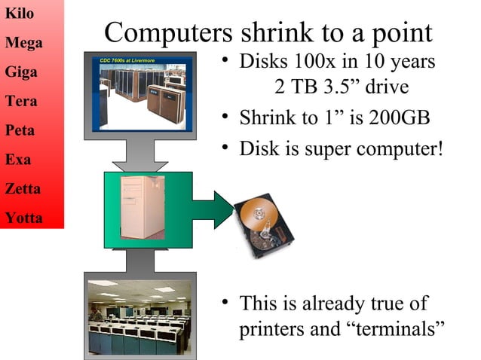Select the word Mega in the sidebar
(x=23, y=43)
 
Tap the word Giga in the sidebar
(x=21, y=72)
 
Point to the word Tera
(x=21, y=101)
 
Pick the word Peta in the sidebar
(x=20, y=130)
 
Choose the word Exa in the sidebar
(x=18, y=160)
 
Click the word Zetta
(x=23, y=189)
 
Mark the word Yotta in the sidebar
(x=23, y=218)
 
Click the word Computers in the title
(x=168, y=33)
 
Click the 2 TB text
(x=295, y=87)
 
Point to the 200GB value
(x=397, y=118)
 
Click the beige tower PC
(x=142, y=207)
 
